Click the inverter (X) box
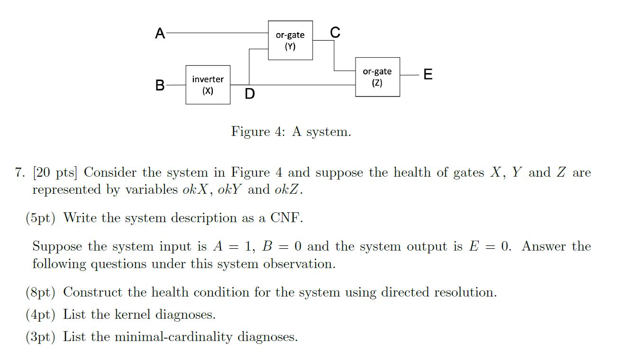click(x=208, y=85)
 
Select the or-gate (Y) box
click(x=290, y=40)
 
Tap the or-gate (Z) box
click(x=377, y=77)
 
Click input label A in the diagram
click(x=160, y=34)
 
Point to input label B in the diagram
click(x=160, y=85)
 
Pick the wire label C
click(x=335, y=32)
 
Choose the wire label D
click(x=249, y=94)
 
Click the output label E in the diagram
click(x=428, y=74)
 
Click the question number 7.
click(x=18, y=173)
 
